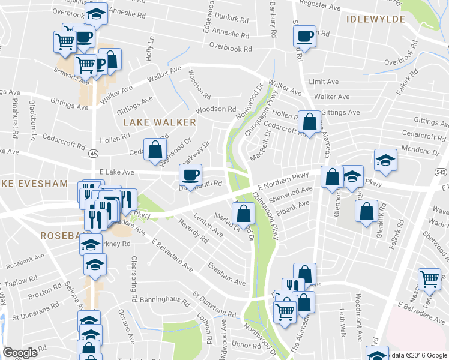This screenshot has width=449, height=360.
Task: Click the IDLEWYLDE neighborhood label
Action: coord(375,19)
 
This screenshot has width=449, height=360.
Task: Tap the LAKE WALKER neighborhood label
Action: coord(159,122)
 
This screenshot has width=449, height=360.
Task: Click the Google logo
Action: coord(20,353)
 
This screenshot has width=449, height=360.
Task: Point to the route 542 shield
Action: coord(441,172)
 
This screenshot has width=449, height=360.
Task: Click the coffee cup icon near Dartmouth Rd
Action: coord(191,175)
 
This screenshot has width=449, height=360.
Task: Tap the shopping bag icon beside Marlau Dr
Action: coord(244,213)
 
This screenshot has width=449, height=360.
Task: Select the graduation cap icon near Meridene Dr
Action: coord(385,160)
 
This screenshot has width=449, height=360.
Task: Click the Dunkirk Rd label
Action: coord(234,19)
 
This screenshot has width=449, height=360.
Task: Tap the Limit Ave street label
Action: coord(324,82)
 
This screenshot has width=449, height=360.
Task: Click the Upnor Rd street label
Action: coord(244,346)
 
